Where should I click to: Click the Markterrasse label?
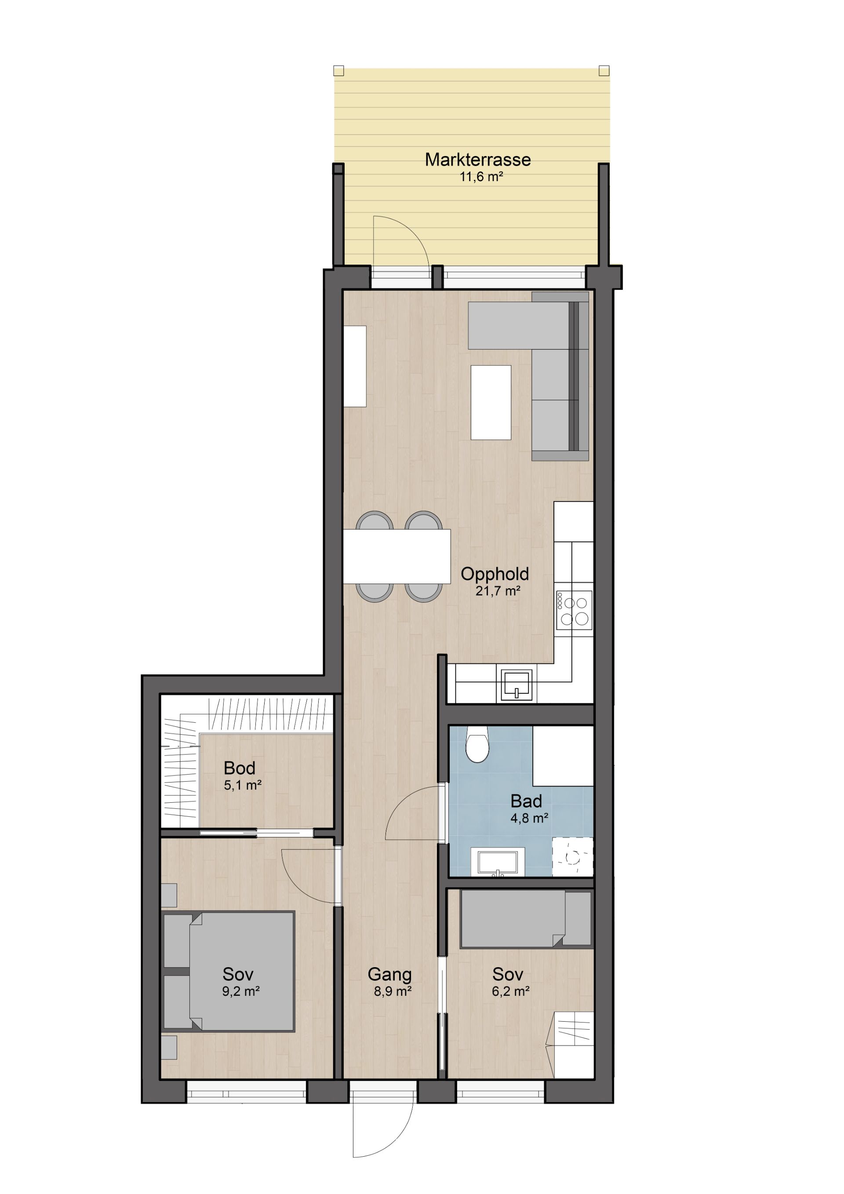tap(477, 160)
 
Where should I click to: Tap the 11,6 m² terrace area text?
tap(481, 177)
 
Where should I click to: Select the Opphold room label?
tap(495, 574)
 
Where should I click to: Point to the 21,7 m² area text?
tap(498, 591)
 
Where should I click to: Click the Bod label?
tap(239, 768)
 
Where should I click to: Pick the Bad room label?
tap(526, 801)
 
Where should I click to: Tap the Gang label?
tap(389, 975)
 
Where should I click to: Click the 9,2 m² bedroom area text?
tap(241, 991)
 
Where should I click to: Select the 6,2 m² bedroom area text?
tap(511, 991)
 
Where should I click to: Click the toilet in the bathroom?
tap(477, 744)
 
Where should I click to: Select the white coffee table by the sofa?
tap(491, 403)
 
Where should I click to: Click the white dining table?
tap(397, 557)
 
